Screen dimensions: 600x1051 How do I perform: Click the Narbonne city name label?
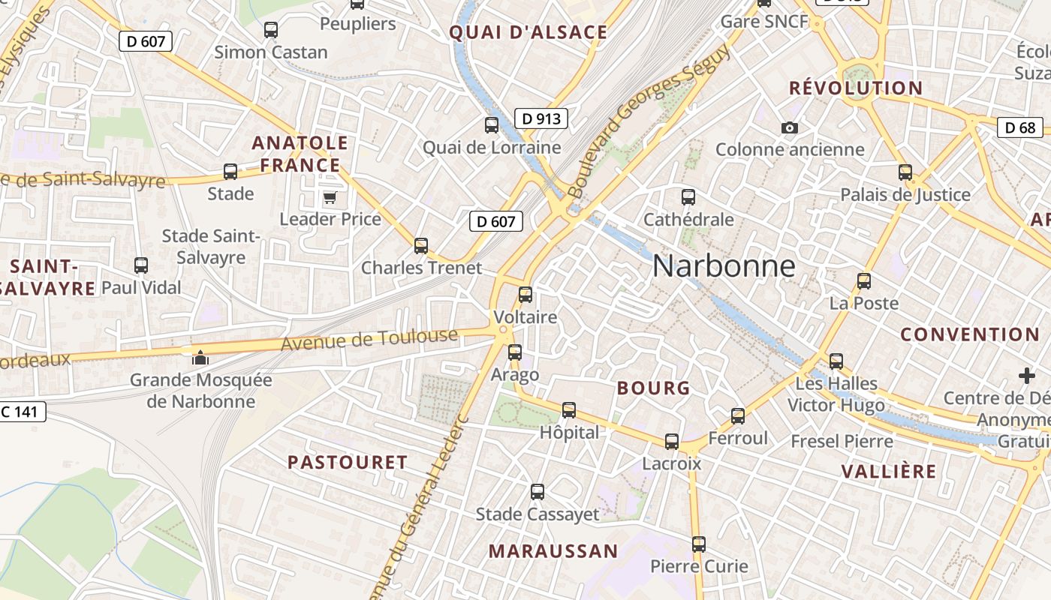(x=724, y=266)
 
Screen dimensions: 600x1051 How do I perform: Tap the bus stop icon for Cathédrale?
(x=688, y=197)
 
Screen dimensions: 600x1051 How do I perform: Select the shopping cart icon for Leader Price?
(x=330, y=198)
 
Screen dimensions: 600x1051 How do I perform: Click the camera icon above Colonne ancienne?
(x=789, y=128)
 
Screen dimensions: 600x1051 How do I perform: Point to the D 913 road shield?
(x=541, y=118)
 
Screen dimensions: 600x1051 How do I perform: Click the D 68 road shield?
(x=1020, y=127)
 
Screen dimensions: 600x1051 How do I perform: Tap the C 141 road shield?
(x=23, y=411)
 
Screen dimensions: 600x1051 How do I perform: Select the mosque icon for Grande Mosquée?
(x=200, y=358)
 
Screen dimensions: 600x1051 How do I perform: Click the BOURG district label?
(x=653, y=388)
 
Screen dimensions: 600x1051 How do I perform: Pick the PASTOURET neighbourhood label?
(x=348, y=462)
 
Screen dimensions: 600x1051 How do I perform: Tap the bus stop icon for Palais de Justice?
(x=905, y=172)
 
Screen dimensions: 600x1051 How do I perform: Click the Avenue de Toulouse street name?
(x=369, y=339)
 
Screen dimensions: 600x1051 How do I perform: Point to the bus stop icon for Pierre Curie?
(x=699, y=544)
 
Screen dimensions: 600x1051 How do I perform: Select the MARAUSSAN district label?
(x=553, y=551)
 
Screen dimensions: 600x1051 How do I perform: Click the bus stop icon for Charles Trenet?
(x=421, y=246)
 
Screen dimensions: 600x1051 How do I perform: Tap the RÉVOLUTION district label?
(x=856, y=88)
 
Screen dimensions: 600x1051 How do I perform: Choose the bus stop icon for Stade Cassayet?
(x=538, y=492)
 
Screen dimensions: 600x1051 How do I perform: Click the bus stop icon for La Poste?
(x=864, y=281)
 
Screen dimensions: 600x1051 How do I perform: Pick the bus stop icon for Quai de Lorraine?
(x=492, y=125)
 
